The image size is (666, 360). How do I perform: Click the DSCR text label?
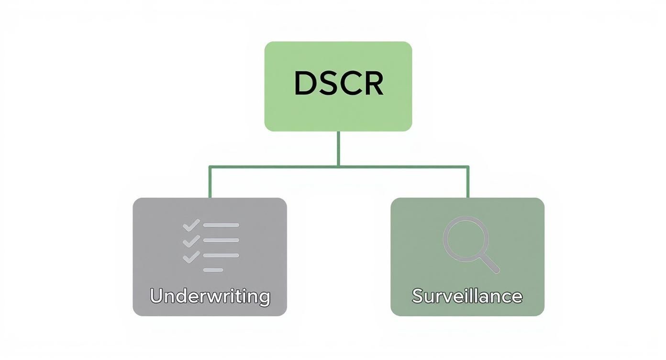[338, 83]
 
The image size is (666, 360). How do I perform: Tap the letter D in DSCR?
[305, 83]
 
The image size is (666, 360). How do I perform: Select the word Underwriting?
[210, 296]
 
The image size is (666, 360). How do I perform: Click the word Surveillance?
[467, 296]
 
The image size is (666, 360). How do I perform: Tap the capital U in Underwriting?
[156, 295]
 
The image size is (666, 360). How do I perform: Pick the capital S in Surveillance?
[418, 296]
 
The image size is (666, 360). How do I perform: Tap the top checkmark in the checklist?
[191, 225]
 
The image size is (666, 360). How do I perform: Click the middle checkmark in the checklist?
[191, 240]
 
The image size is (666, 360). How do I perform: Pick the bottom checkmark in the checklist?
[191, 256]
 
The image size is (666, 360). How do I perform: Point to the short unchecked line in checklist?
[213, 270]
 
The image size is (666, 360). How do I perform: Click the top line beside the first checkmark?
[221, 225]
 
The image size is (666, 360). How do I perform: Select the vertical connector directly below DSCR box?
[338, 148]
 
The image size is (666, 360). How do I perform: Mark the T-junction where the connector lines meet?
[338, 167]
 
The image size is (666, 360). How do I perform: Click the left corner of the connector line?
[210, 167]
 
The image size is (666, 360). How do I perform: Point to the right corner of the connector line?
[467, 167]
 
